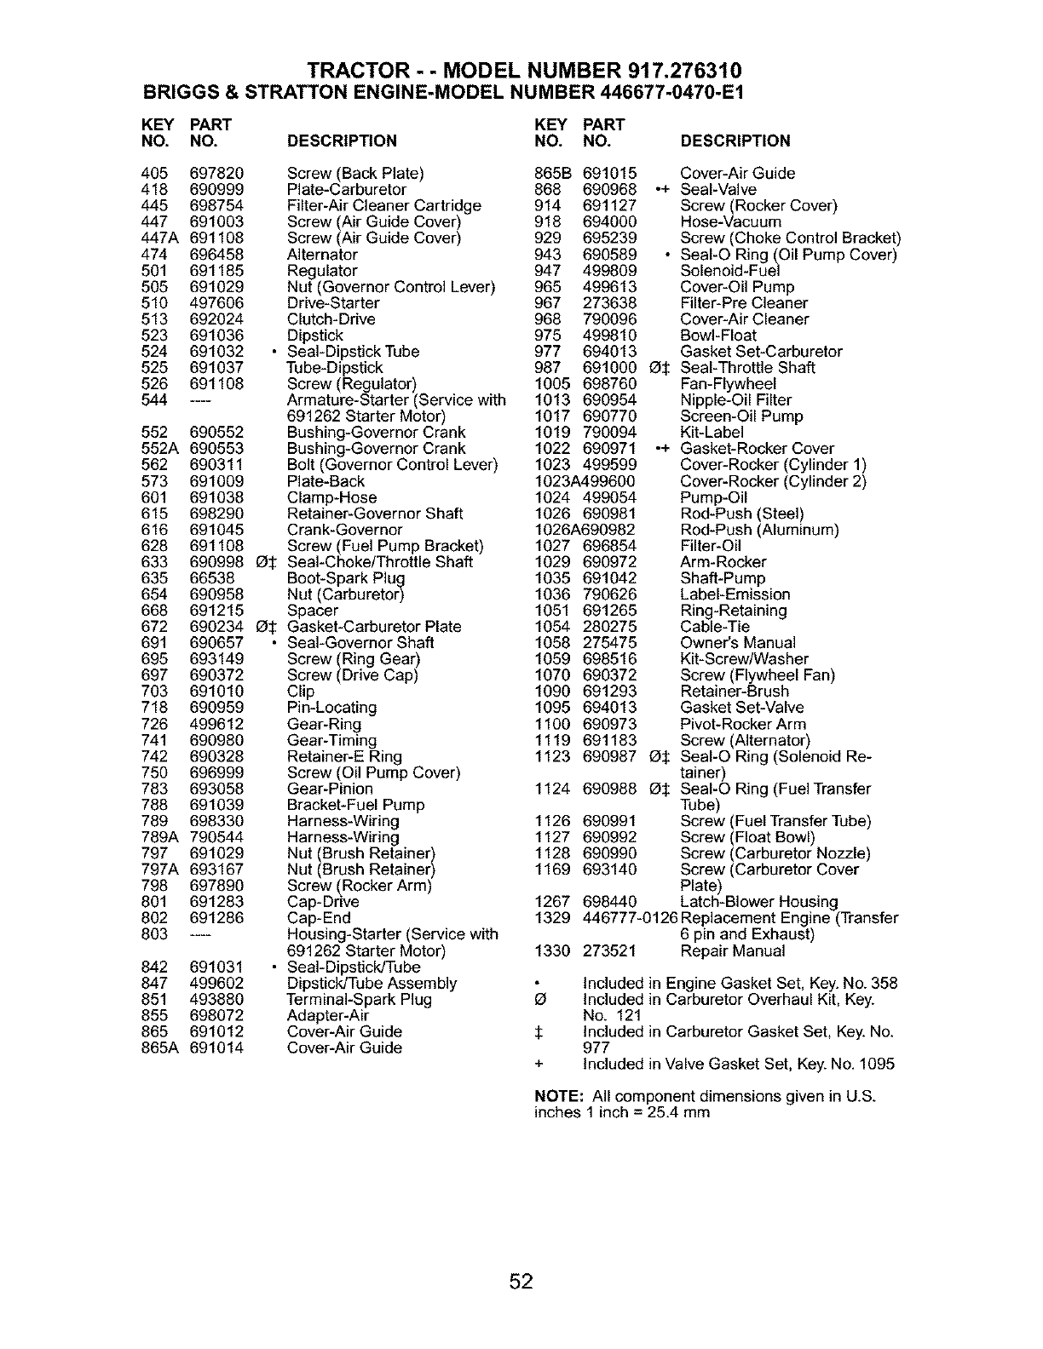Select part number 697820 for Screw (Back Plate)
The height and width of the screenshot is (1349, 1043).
coord(216,174)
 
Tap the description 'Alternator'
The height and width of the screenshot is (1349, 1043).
coord(322,255)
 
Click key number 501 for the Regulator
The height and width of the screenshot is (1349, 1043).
coord(154,271)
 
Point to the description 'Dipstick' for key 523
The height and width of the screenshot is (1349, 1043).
coord(315,336)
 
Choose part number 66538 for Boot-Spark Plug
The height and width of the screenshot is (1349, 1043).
coord(212,578)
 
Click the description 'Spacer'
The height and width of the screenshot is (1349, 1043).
coord(313,611)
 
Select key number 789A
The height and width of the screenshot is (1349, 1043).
coord(159,837)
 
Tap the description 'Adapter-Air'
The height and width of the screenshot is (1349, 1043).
coord(327,1015)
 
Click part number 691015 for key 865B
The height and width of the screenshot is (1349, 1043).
coord(609,174)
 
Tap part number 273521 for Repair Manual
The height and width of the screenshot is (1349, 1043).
coord(610,950)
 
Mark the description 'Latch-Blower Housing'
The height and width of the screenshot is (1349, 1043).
coord(759,902)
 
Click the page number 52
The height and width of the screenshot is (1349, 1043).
coord(521,1282)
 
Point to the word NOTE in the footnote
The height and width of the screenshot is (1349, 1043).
coord(556,1096)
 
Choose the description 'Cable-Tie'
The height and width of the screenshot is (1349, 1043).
coord(715,627)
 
